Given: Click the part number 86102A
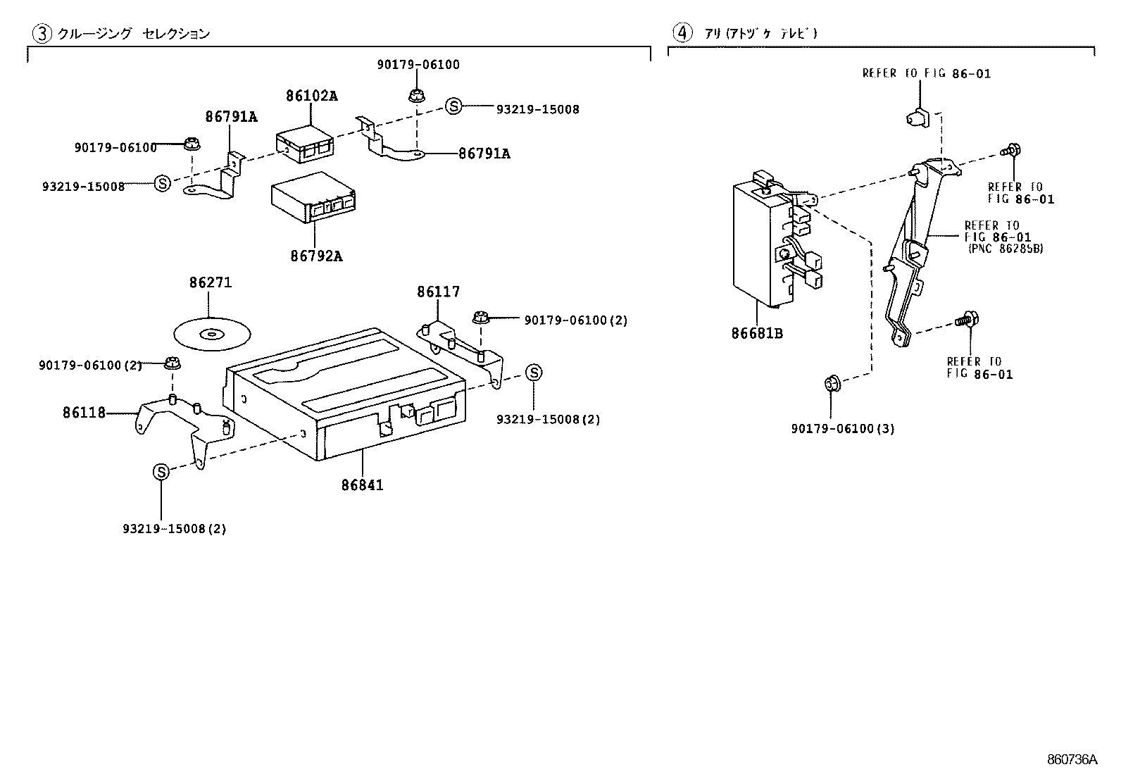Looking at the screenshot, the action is coord(311,96).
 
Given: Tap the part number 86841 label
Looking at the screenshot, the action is coord(362,485).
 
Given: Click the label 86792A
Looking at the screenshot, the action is coord(316,256).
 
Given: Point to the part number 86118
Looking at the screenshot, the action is coord(84,413).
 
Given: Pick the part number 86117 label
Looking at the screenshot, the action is coord(438,292).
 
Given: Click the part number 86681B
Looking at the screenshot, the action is coord(757,333).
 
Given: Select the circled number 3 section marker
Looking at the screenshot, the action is coord(43,33).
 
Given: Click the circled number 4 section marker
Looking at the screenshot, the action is coord(681,32).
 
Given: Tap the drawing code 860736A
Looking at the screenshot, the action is coord(1072,759).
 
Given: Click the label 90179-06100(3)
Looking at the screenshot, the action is coord(842,428).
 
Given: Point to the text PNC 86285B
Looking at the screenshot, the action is coord(1006,249).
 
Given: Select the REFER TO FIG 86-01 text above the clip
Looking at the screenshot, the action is coord(926,73).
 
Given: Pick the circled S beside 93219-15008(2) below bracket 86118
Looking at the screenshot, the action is coord(161,472).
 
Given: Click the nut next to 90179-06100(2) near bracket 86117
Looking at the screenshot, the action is coord(482,318).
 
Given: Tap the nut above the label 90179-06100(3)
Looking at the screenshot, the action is coord(831,384).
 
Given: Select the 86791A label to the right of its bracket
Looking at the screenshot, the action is coord(484,153).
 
